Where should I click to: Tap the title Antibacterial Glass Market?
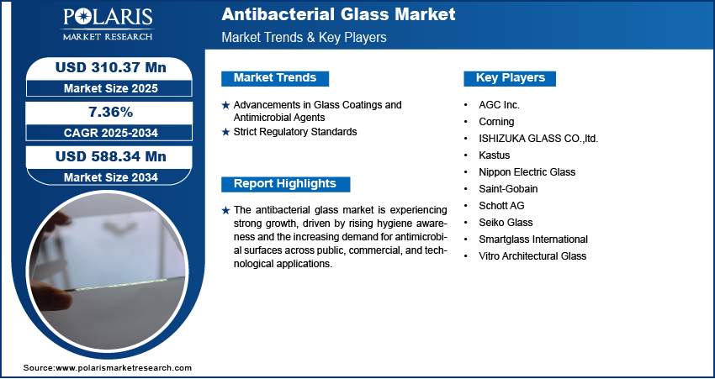tap(338, 14)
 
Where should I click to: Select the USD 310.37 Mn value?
tap(110, 68)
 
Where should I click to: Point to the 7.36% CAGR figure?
tap(110, 112)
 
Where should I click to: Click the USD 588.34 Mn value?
tap(110, 156)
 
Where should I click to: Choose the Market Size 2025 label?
tap(110, 88)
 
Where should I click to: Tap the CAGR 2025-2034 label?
tap(110, 133)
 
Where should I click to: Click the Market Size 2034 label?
tap(110, 177)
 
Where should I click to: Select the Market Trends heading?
tap(275, 78)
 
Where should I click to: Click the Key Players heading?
tap(511, 78)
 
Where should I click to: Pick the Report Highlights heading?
tap(285, 184)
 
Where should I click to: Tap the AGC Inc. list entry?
tap(499, 105)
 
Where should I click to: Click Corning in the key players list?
tap(496, 122)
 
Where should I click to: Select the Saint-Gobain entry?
tap(501, 188)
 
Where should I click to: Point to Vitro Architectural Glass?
tap(532, 256)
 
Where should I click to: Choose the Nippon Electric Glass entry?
tap(527, 172)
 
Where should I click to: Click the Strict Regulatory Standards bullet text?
tap(295, 132)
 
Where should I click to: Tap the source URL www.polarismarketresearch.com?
tap(124, 367)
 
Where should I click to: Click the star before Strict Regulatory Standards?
tap(225, 133)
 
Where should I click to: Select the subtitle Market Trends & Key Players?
tap(305, 37)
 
